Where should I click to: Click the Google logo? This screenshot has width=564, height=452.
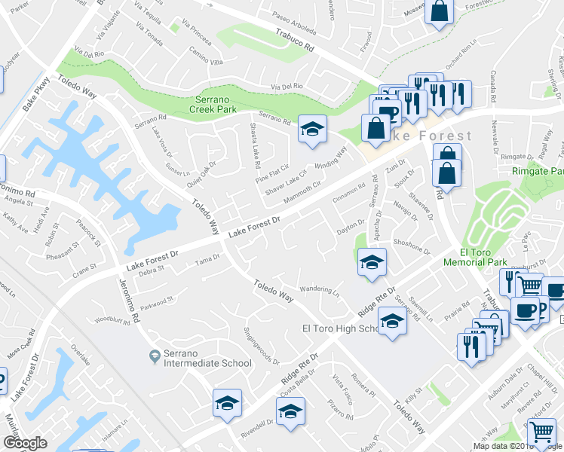pos(25,443)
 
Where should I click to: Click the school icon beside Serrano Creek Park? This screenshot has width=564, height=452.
pos(311,128)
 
